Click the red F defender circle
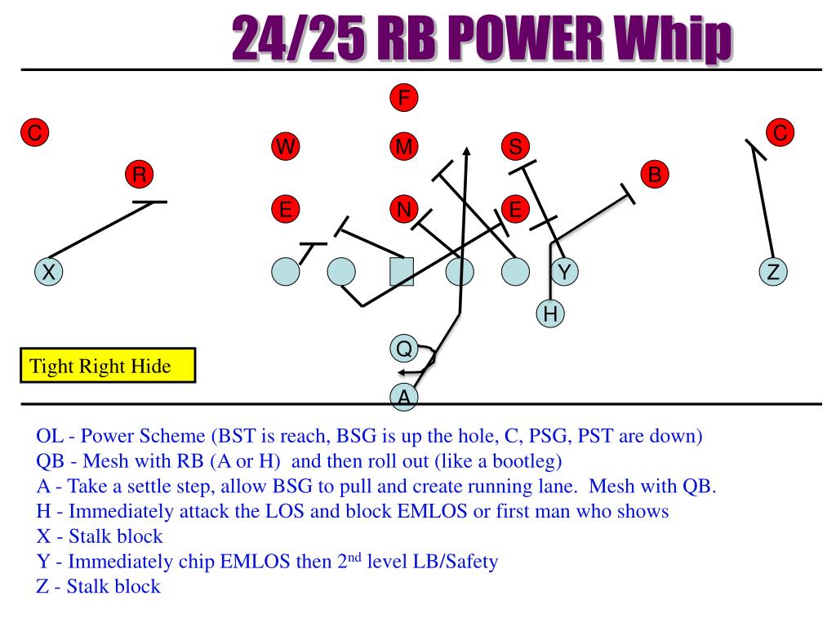coord(403,98)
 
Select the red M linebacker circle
coord(403,147)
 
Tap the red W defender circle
coord(286,147)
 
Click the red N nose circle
coord(403,210)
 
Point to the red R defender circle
coord(140,175)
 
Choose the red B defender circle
coord(655,174)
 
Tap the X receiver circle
coord(49,272)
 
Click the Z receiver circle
coord(772,272)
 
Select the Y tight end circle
coord(563,272)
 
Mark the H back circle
coord(551,312)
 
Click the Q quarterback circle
coord(403,349)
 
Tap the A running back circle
coord(403,396)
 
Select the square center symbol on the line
coord(402,272)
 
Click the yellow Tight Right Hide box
coord(108,366)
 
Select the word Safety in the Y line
coord(467,563)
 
